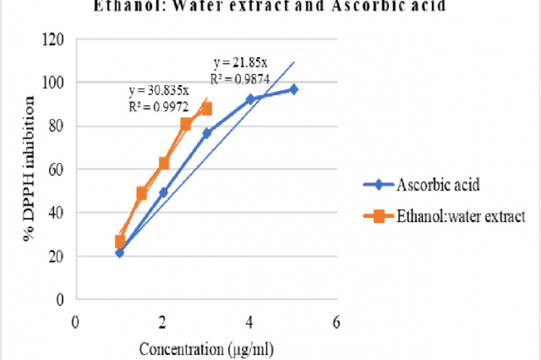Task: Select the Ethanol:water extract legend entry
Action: [460, 216]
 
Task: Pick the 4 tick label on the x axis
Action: [250, 322]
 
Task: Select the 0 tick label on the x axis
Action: [75, 322]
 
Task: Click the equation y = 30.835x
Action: [159, 92]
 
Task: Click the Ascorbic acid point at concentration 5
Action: [294, 89]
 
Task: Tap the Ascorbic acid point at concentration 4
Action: [250, 100]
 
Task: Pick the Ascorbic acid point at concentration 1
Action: [120, 253]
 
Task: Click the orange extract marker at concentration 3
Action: [207, 109]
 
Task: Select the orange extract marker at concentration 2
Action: [164, 164]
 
